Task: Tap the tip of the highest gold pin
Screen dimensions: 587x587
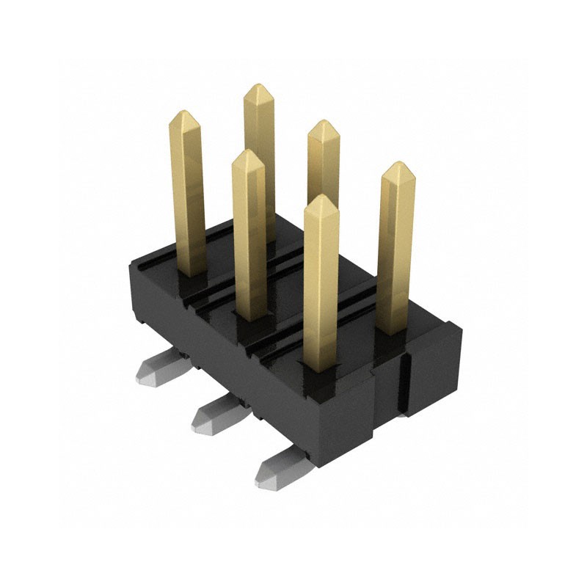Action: (x=258, y=86)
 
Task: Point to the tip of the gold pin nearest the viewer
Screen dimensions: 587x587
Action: (x=321, y=197)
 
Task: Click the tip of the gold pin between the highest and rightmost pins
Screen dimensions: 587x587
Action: (x=323, y=122)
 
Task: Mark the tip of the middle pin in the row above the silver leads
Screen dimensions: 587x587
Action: (x=247, y=152)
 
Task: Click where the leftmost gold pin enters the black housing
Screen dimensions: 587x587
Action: (x=191, y=273)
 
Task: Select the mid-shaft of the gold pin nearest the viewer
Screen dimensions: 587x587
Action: (x=321, y=286)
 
